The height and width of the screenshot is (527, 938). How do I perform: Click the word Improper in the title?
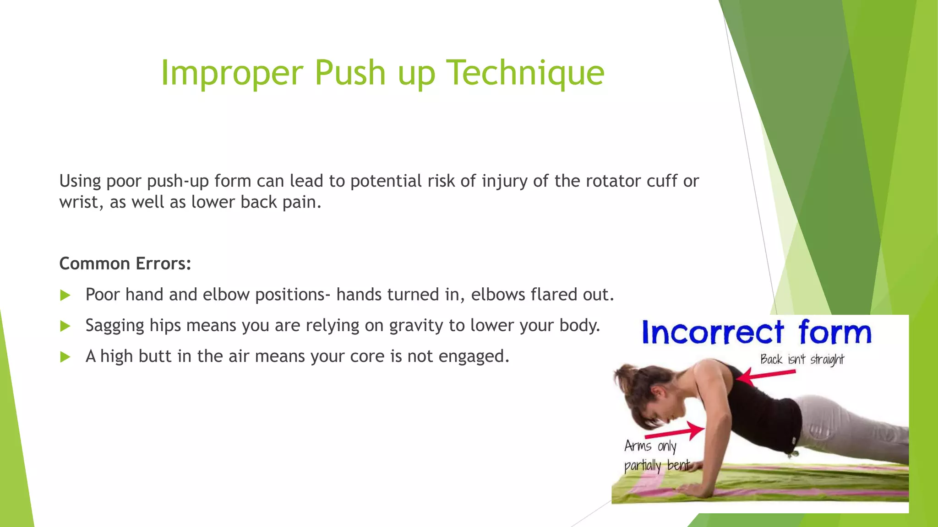[232, 73]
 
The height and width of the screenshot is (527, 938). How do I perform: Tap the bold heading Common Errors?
[125, 263]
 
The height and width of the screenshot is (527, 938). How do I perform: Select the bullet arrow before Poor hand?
[65, 295]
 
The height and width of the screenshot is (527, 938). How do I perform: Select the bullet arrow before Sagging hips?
[65, 326]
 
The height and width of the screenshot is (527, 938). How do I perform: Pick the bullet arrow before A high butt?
[65, 357]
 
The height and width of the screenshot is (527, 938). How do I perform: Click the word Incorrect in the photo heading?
[713, 333]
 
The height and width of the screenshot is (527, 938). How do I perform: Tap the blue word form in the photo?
[834, 332]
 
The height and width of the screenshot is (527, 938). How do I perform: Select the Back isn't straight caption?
[802, 360]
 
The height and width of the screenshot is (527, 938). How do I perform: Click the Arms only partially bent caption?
[655, 456]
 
